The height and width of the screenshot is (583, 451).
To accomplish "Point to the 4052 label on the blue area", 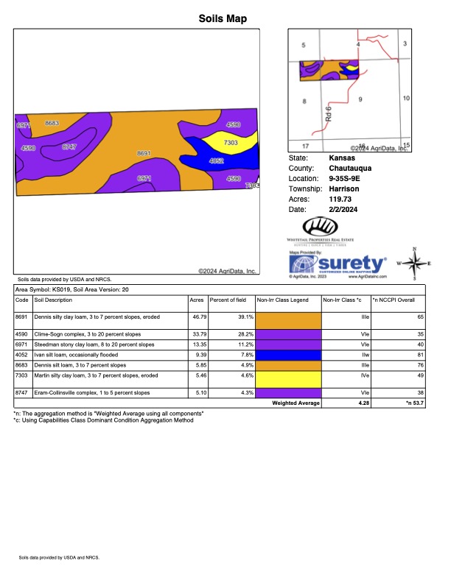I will coord(217,160).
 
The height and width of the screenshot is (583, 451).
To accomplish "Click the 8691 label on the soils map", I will coord(144,153).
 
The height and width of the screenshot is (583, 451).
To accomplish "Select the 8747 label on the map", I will coord(70,146).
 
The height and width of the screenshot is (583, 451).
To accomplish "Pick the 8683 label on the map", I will coord(52,123).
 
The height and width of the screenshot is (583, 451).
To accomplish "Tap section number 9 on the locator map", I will coord(360,98).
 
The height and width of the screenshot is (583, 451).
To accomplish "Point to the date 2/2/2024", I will coord(342,209).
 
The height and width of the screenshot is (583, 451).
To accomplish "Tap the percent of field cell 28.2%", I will coord(245,333).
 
